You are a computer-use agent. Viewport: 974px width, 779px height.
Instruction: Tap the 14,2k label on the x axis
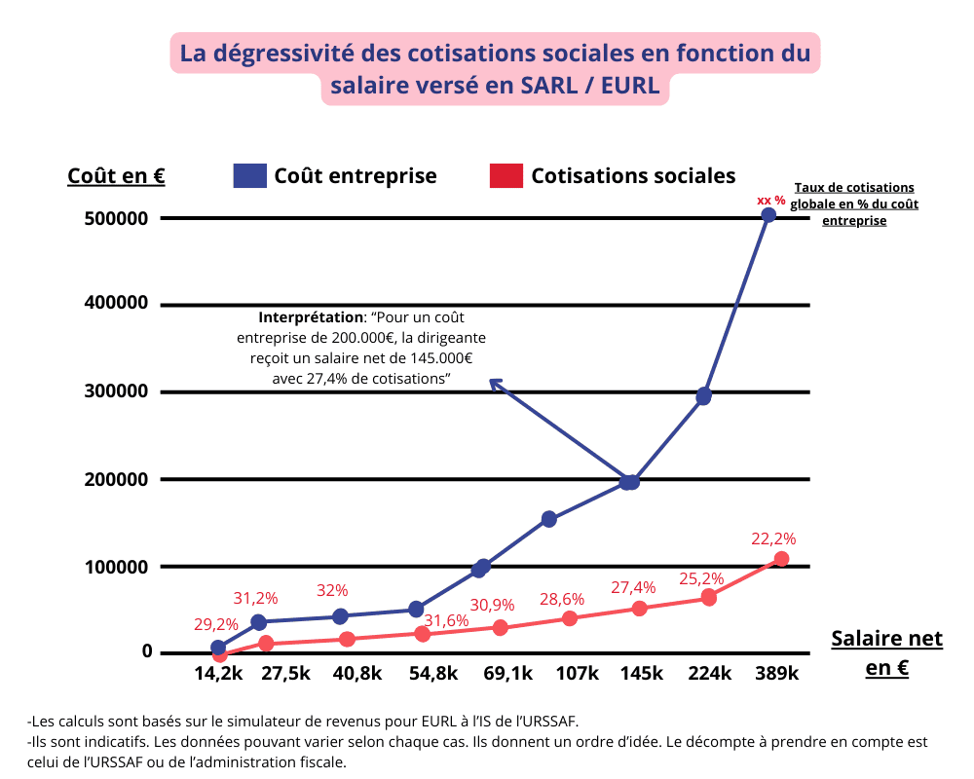[x=218, y=674]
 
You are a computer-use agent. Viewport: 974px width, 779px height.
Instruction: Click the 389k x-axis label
[x=776, y=674]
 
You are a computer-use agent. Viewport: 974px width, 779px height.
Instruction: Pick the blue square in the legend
[x=249, y=175]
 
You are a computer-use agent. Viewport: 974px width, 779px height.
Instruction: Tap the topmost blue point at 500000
[x=768, y=215]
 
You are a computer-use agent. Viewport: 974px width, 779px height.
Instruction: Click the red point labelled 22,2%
[x=781, y=559]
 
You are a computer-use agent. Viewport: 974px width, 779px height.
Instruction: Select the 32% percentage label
[x=332, y=590]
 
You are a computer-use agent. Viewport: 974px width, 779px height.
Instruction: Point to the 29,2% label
[x=217, y=623]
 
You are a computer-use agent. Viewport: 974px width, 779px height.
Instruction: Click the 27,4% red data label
[x=634, y=587]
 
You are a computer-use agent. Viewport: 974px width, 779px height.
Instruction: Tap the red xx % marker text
[x=771, y=200]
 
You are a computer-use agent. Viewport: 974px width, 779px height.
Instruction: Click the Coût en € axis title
[x=116, y=175]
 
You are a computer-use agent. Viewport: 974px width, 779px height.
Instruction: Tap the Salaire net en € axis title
[x=886, y=653]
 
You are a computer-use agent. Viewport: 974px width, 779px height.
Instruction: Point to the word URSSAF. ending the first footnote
[x=546, y=722]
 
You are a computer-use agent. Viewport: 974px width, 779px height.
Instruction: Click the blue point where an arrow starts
[x=630, y=482]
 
